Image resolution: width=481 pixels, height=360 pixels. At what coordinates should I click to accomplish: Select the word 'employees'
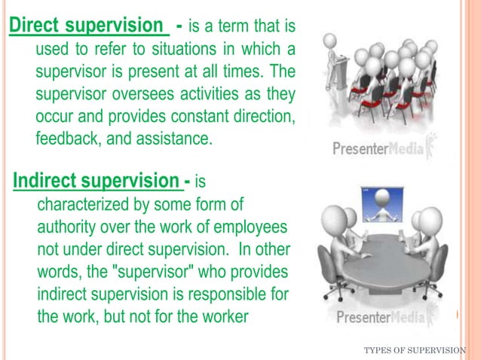253,227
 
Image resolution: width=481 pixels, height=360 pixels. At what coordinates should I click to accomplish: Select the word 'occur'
55,117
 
